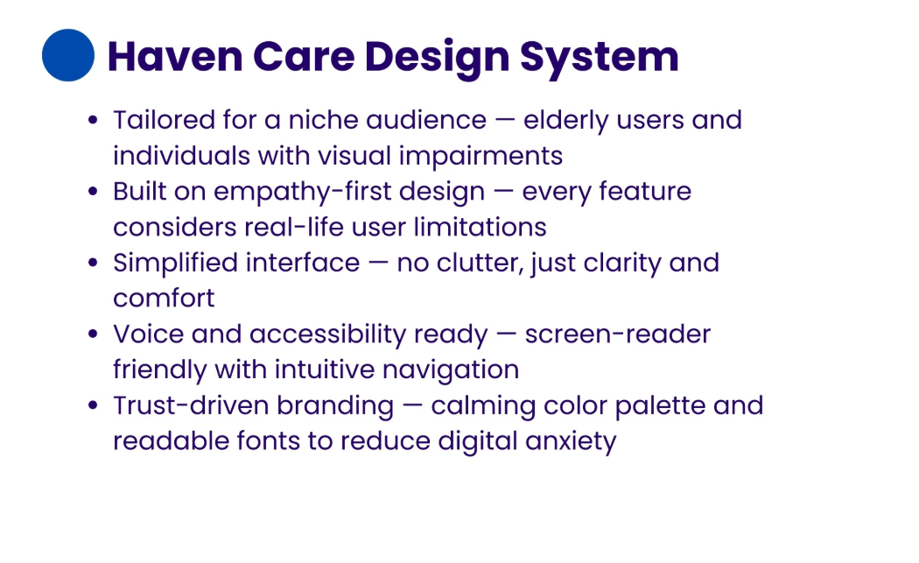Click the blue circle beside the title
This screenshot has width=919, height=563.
pyautogui.click(x=68, y=55)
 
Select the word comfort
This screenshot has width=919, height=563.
pyautogui.click(x=164, y=299)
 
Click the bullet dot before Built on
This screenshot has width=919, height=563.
pyautogui.click(x=94, y=192)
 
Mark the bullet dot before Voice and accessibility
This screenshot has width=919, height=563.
pyautogui.click(x=94, y=334)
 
